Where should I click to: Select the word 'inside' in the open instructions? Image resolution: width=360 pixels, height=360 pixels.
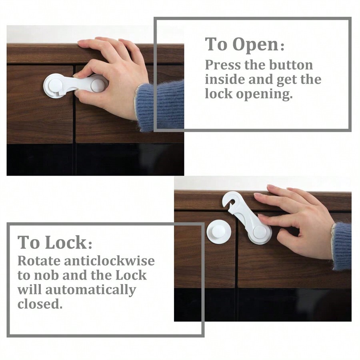(x=225, y=80)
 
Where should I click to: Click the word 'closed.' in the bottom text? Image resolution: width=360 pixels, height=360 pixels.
(x=40, y=304)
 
